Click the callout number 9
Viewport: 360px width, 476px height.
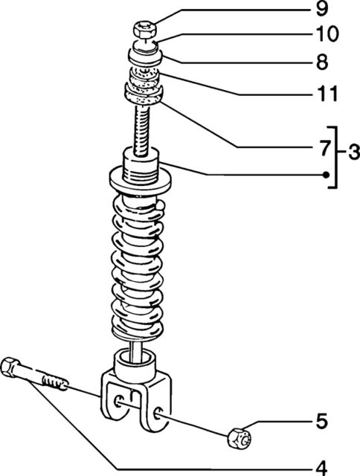click(x=322, y=10)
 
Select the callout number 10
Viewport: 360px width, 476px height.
click(x=327, y=33)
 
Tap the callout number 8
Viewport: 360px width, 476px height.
click(x=322, y=62)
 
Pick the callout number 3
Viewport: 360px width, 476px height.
click(x=354, y=152)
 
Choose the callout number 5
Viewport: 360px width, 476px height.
click(x=322, y=422)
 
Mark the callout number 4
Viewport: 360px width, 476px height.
click(x=321, y=468)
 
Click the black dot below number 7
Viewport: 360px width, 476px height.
click(x=326, y=175)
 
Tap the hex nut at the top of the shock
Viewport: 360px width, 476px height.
click(x=145, y=30)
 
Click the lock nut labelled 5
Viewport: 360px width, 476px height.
click(x=240, y=437)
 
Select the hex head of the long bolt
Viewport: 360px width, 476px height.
click(x=10, y=367)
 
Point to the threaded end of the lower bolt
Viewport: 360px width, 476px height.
click(x=54, y=383)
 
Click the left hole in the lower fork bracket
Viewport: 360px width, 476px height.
click(x=118, y=402)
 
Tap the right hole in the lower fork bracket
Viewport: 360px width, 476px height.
click(x=158, y=414)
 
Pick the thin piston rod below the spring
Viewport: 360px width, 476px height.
click(x=136, y=351)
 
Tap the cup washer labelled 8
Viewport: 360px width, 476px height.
click(x=146, y=57)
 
